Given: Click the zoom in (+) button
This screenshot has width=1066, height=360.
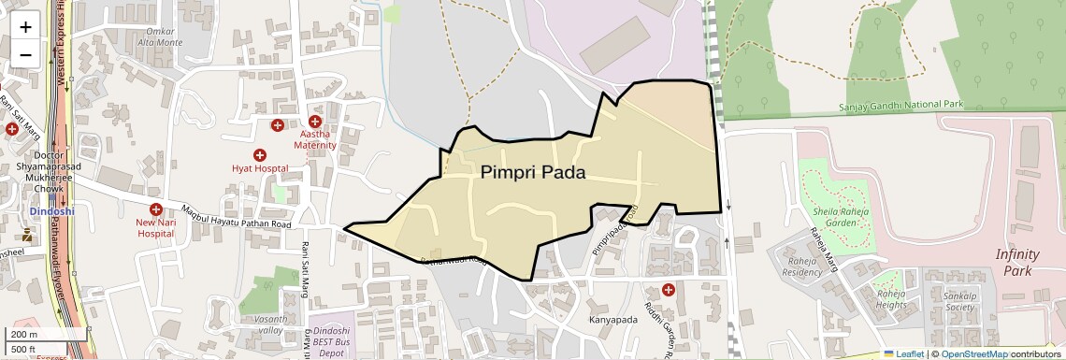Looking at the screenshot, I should coord(25,26).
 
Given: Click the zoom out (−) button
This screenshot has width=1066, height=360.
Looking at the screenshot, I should coord(25,54).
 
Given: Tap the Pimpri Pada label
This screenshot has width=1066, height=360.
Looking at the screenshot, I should coord(533,173).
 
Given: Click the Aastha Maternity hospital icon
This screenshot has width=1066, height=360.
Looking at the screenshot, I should coord(315,122).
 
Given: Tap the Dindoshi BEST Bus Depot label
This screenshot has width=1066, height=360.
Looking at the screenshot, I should coord(332,342).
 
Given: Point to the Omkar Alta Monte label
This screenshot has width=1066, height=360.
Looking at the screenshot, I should coord(161,37).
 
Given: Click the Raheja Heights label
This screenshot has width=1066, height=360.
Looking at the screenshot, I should coord(892,299).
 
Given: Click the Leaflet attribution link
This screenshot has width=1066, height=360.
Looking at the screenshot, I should coord(903,354).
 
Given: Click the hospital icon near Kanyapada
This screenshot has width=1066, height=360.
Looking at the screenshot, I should coord(668,290).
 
